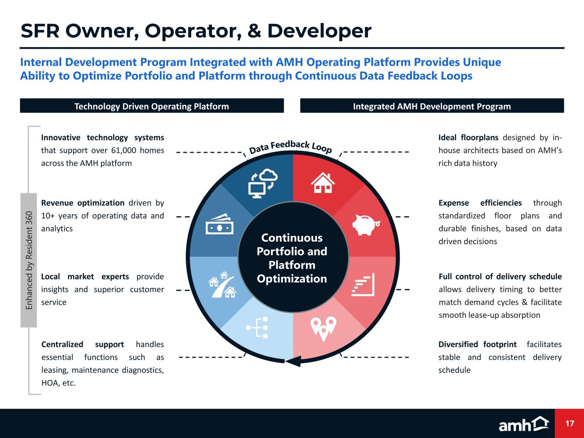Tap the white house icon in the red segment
tap(323, 183)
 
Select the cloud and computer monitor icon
tap(263, 183)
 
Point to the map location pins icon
tap(323, 328)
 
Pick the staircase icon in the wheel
tap(363, 284)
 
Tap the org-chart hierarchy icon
tap(257, 327)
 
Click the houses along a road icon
tap(222, 284)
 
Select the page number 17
tap(569, 423)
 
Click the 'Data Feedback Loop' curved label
tap(290, 147)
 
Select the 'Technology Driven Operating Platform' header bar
tap(152, 106)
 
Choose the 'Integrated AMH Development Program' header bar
tap(432, 106)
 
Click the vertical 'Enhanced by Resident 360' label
tap(29, 260)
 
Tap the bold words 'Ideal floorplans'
tap(468, 137)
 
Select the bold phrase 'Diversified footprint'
tap(477, 344)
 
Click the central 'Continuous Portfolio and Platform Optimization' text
tap(292, 258)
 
